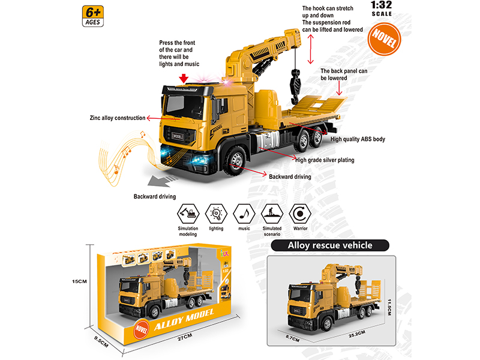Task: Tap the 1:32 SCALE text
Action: (x=382, y=8)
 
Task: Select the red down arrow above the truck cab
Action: (x=184, y=79)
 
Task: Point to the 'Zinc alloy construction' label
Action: (x=117, y=119)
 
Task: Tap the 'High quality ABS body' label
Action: (x=358, y=139)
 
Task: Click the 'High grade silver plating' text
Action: (x=324, y=160)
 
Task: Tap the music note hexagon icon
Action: (x=243, y=212)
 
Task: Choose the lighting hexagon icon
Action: (x=215, y=212)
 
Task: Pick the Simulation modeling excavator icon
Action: (x=188, y=212)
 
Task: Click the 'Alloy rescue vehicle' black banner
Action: (x=330, y=245)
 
